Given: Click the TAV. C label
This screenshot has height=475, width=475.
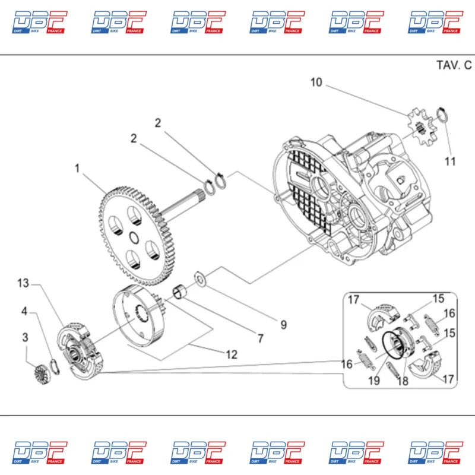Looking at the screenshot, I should pos(454,65).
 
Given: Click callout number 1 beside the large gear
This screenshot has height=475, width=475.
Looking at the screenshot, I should pos(77,169).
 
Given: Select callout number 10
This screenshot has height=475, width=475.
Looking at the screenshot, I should pos(316,83).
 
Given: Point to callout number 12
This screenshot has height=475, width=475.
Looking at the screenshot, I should pos(232,354).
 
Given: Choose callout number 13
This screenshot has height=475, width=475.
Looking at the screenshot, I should pos(23,283).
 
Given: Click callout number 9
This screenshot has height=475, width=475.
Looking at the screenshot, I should pos(283,325).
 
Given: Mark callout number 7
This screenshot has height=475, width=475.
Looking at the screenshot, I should pos(259,338).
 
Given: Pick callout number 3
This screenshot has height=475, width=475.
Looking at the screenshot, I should pos(25,337).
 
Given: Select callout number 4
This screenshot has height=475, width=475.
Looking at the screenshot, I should pos(25,311).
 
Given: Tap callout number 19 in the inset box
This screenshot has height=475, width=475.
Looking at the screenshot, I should pos(373,381).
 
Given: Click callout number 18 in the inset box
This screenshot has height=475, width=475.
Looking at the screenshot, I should pos(403,381).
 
